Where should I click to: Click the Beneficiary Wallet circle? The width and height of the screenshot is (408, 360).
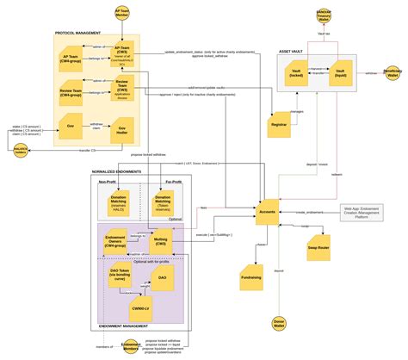tap(393, 73)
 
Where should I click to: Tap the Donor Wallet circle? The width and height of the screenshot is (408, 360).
tap(277, 326)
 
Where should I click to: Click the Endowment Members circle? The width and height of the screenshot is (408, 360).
tap(131, 346)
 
